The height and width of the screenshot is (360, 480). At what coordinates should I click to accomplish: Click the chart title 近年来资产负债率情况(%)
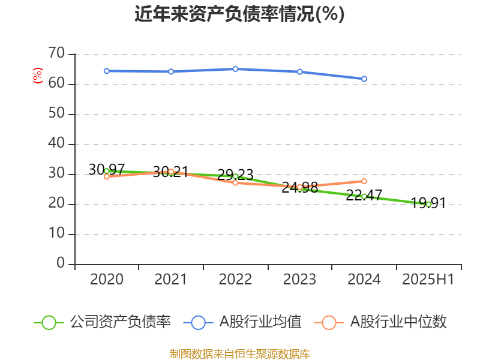pos(240,14)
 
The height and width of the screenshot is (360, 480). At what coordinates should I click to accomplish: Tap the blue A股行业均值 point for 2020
pos(107,71)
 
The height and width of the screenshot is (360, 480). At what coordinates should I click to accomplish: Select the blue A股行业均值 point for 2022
pos(235,69)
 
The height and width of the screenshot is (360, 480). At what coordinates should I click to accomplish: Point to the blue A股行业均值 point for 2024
pos(364,79)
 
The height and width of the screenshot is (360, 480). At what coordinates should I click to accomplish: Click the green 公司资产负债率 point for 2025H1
pos(428,204)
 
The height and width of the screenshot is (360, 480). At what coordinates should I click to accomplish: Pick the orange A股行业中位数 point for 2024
pos(364,181)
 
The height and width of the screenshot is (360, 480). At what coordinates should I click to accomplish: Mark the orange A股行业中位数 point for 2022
pos(235,182)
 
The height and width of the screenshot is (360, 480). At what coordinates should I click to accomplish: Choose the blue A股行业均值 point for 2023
pos(300,72)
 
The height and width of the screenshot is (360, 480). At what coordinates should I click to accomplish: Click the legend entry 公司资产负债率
pos(103,322)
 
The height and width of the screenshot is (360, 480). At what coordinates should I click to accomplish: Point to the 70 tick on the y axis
pos(56,54)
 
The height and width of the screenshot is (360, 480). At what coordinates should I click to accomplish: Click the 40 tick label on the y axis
pos(56,144)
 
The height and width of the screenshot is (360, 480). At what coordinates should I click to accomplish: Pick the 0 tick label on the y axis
pos(61,263)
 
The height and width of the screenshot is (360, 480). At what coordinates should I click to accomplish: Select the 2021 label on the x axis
pos(171,280)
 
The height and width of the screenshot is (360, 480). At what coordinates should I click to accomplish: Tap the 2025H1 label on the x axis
pos(428,280)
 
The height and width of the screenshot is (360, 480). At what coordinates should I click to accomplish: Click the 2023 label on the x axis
pos(300,280)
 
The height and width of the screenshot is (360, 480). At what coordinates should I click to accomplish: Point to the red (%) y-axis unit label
pos(37,76)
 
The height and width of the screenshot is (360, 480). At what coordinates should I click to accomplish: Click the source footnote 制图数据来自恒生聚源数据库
pos(240,353)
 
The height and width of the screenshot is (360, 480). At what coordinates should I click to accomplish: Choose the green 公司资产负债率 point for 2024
pos(364,196)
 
